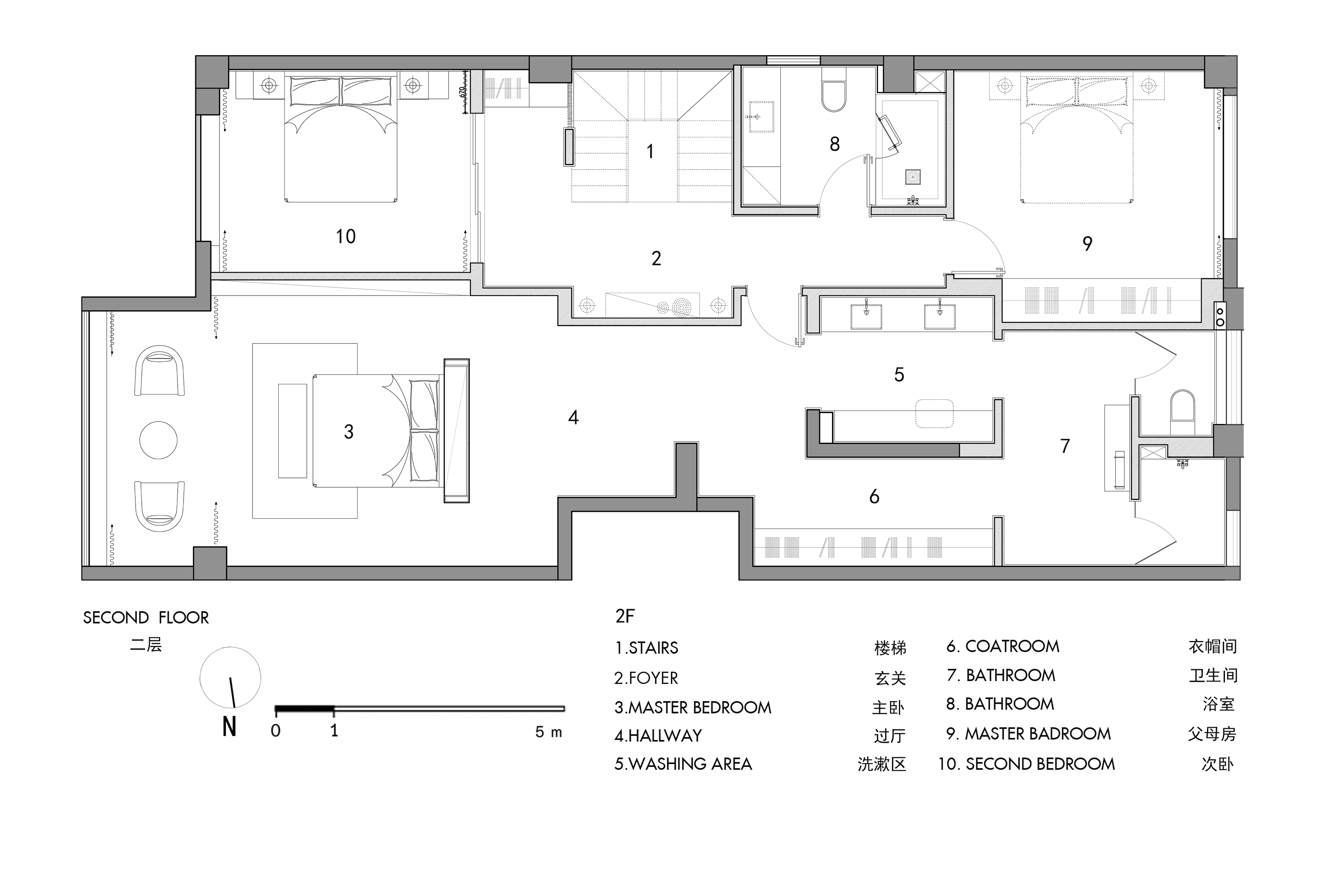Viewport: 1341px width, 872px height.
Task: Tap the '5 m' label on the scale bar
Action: click(548, 732)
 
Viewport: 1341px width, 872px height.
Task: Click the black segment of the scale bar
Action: click(305, 708)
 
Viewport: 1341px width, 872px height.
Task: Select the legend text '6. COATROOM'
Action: click(1003, 646)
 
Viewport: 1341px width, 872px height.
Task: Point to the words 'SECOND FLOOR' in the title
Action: click(146, 618)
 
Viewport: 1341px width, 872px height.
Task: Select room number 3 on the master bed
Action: click(349, 432)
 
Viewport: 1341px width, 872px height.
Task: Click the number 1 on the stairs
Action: click(650, 151)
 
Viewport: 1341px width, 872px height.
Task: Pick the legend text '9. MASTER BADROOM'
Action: click(1029, 733)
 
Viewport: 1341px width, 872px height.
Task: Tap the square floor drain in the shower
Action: click(913, 177)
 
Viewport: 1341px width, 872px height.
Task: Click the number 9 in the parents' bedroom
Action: click(1087, 244)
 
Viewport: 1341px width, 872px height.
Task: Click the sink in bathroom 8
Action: click(761, 117)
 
